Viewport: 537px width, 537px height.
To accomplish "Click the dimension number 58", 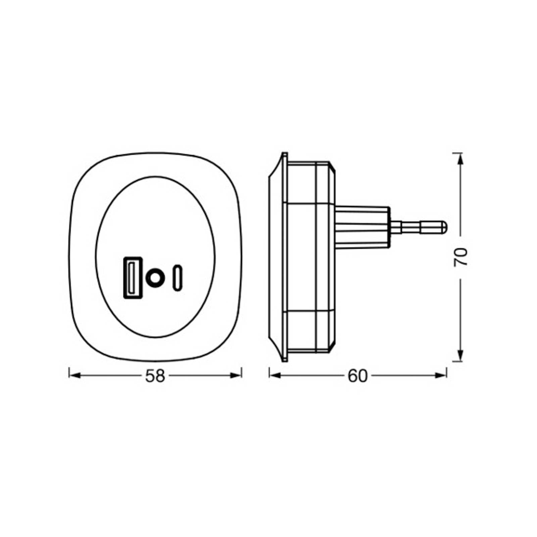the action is point(155,376).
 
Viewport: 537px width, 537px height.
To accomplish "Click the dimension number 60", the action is point(358,376).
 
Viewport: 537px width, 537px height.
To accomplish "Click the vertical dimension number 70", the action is point(461,257).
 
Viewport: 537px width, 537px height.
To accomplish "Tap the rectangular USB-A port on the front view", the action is point(133,278).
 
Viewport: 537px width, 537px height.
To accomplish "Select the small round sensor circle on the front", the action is point(155,278).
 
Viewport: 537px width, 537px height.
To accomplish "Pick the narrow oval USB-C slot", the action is point(178,278).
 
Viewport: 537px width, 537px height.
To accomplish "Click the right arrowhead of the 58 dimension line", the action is point(236,375).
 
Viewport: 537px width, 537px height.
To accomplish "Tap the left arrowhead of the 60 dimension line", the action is point(275,375).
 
